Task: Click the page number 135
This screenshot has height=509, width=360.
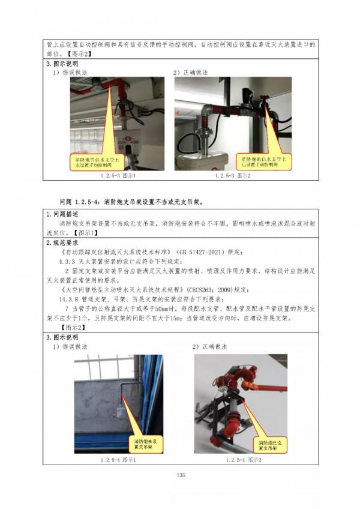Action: (x=179, y=475)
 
